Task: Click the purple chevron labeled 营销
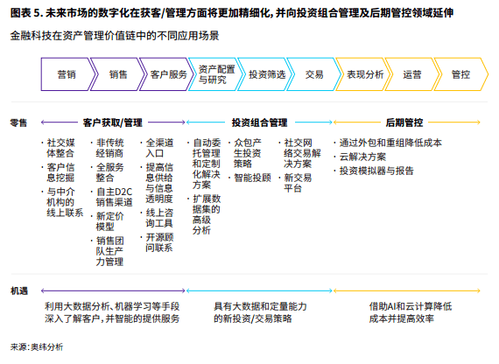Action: tap(67, 74)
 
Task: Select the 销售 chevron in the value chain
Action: tap(117, 74)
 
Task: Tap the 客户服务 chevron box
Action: tap(166, 74)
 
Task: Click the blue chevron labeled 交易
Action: tap(314, 74)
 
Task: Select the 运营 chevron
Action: tap(412, 74)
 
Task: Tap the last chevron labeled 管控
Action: tap(460, 74)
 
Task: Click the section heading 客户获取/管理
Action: tap(112, 122)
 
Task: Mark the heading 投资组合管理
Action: tap(259, 122)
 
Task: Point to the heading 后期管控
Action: tap(404, 122)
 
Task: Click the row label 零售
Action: tap(18, 122)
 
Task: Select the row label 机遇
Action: tap(19, 290)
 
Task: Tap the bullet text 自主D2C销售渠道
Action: tap(115, 197)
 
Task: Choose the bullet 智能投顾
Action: tap(252, 178)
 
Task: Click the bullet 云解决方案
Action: tap(362, 157)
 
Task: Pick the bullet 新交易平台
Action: tap(298, 183)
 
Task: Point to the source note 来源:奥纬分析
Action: tap(37, 346)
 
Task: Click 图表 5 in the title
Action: tap(26, 13)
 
